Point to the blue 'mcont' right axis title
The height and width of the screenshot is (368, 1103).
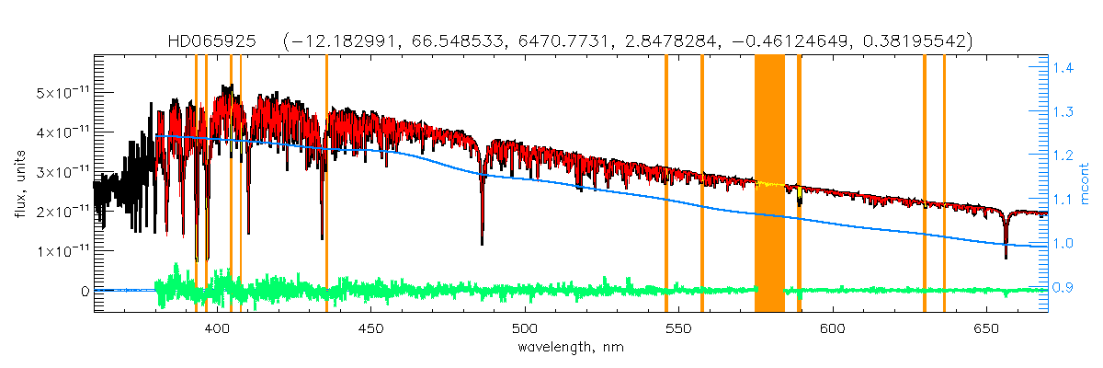pos(1086,184)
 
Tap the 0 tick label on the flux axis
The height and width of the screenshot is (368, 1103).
pos(85,291)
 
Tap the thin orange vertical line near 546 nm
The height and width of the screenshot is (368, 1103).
pos(666,184)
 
